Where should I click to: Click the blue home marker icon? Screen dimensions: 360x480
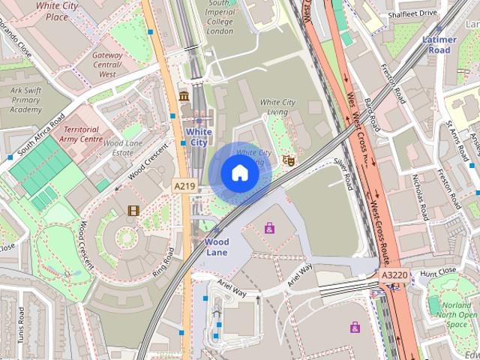tap(239, 173)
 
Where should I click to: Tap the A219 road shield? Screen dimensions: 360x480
tap(184, 185)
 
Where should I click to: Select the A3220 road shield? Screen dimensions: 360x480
tap(394, 275)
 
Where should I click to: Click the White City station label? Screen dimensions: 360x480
tap(198, 136)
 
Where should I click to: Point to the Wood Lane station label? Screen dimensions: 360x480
tap(217, 247)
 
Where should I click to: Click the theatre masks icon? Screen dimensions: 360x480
tap(287, 160)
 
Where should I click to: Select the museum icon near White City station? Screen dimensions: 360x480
tap(184, 95)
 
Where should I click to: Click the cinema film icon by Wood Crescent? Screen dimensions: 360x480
tap(133, 211)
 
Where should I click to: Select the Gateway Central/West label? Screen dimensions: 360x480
tap(107, 64)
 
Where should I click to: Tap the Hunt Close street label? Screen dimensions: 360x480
tap(438, 271)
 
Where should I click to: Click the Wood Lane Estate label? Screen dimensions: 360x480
tap(118, 148)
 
